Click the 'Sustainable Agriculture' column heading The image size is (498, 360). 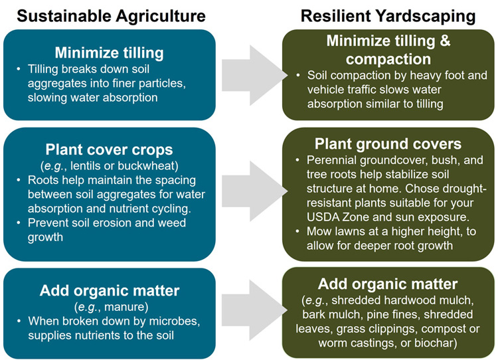pyautogui.click(x=111, y=16)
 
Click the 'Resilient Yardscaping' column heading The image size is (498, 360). pyautogui.click(x=388, y=16)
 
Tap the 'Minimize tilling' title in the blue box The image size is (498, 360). pyautogui.click(x=110, y=52)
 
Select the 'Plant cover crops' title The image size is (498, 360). pyautogui.click(x=109, y=149)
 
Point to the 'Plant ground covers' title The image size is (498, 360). pyautogui.click(x=388, y=143)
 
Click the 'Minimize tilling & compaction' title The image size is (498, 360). pyautogui.click(x=388, y=50)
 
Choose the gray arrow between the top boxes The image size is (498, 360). pyautogui.click(x=254, y=75)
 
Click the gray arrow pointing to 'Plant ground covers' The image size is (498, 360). pyautogui.click(x=254, y=191)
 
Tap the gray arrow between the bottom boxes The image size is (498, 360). pyautogui.click(x=254, y=310)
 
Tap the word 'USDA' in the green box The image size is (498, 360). pyautogui.click(x=321, y=217)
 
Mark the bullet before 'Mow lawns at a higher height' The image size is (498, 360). pyautogui.click(x=297, y=231)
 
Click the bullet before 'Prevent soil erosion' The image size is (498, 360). pyautogui.click(x=19, y=223)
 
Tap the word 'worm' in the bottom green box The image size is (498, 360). pyautogui.click(x=332, y=343)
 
